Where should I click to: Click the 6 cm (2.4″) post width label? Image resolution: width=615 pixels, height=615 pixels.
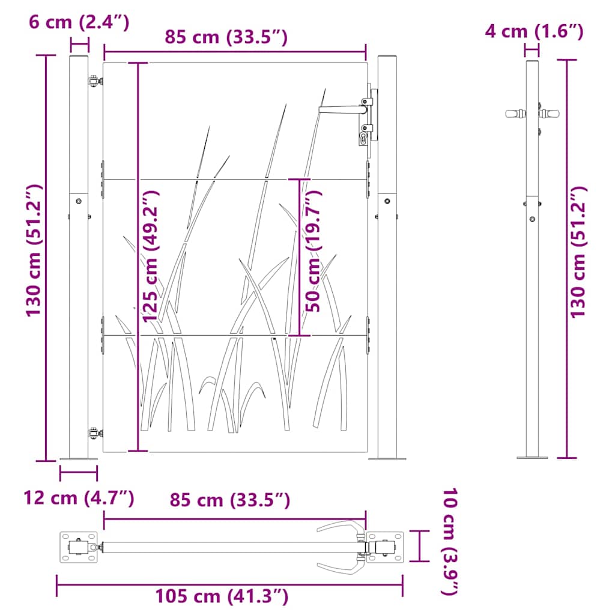pos(79,23)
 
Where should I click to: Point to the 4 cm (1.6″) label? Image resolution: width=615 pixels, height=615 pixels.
pos(534,31)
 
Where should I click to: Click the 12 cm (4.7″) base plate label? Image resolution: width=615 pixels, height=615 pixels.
pos(79,497)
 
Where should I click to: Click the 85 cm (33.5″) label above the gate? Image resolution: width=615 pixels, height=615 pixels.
pos(226,38)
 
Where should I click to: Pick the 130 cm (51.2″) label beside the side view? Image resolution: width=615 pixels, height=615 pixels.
pos(578,252)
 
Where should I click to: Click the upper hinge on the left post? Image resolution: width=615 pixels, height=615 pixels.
pos(94,80)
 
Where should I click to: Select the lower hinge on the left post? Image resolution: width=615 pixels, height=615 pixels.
pos(94,432)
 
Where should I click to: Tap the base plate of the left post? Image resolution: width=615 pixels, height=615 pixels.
pos(78,459)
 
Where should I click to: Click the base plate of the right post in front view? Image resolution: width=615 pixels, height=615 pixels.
pos(387,459)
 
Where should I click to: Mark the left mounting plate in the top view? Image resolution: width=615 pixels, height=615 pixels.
pos(78,547)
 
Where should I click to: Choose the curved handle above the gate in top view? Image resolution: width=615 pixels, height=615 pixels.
pos(340,526)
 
